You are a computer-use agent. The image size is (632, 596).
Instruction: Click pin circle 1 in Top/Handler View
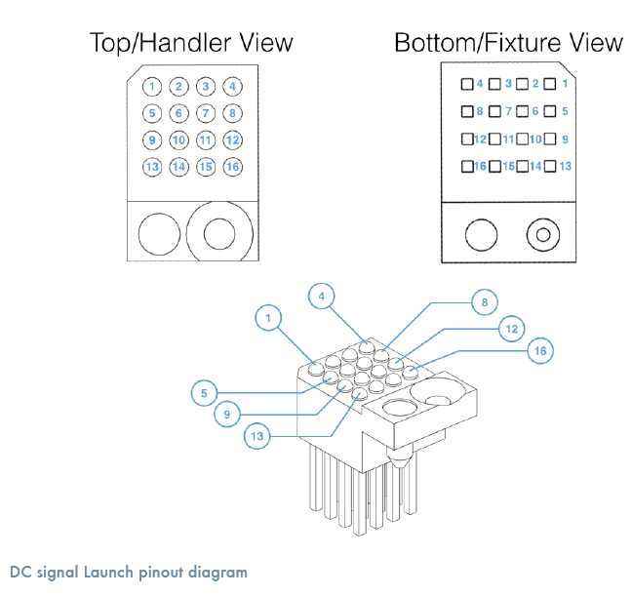(x=152, y=86)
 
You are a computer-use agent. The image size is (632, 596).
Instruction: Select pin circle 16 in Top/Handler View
(x=232, y=167)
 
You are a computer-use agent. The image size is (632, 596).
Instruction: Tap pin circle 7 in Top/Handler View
(x=205, y=113)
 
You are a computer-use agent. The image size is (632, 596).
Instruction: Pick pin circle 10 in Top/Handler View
(x=178, y=139)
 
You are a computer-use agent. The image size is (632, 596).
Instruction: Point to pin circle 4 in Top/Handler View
(x=232, y=86)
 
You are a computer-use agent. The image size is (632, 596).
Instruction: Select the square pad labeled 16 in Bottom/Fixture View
(x=468, y=166)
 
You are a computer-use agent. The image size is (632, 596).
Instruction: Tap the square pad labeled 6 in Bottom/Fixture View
(x=523, y=111)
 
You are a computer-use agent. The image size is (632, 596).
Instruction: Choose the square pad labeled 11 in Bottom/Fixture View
(x=495, y=139)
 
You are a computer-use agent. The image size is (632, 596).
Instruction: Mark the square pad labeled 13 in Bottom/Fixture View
(x=550, y=166)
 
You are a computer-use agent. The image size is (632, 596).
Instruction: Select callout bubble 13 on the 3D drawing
(x=257, y=437)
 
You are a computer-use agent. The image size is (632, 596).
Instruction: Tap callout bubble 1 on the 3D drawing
(x=266, y=316)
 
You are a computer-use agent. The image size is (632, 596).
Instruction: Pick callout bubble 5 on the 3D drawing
(x=204, y=394)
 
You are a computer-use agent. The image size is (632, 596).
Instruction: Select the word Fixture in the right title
(x=527, y=43)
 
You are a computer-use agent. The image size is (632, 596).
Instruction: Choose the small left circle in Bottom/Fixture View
(x=481, y=234)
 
